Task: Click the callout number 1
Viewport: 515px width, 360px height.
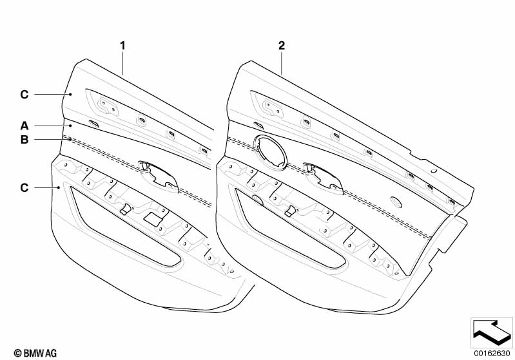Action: (122, 46)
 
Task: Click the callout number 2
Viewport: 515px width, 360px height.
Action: (282, 46)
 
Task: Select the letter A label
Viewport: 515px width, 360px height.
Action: (24, 126)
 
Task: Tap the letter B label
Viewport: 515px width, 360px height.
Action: (24, 140)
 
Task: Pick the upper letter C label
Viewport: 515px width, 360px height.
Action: (24, 95)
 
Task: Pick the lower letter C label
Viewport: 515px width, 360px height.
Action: (24, 187)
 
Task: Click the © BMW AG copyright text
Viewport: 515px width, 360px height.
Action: (35, 353)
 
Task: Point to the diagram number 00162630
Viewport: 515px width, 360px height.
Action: (492, 353)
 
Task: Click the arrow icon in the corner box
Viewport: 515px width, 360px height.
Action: (492, 332)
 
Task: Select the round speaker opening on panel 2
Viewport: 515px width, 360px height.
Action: (270, 152)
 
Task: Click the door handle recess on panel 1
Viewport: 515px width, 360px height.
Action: (159, 176)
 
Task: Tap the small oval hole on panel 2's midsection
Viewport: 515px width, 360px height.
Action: (396, 202)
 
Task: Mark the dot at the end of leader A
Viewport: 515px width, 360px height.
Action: (71, 126)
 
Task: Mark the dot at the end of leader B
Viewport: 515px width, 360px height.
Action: (70, 140)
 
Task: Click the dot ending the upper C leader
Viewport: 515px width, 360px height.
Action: (70, 95)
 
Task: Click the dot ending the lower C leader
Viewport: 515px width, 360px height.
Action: (59, 187)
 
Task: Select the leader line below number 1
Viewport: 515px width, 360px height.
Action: (123, 64)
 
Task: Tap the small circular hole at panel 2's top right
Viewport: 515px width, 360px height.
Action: (434, 171)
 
